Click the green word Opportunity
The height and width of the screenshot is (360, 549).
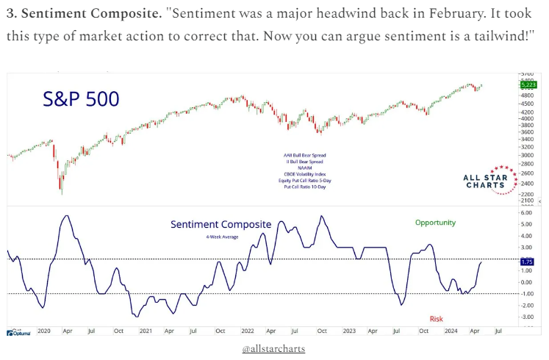coord(435,222)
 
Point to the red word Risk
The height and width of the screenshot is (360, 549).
coord(437,318)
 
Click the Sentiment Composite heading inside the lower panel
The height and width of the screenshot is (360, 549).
coord(220,224)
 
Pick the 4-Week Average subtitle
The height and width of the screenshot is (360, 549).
coord(221,237)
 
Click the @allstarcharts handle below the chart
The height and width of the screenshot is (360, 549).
coord(273,348)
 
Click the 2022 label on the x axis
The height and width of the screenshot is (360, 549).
coord(248,331)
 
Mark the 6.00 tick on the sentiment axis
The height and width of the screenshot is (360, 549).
coord(525,212)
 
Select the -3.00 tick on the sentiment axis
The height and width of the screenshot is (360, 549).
coord(525,317)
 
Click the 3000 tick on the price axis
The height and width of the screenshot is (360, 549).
coord(526,156)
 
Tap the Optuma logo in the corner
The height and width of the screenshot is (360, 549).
coord(18,332)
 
